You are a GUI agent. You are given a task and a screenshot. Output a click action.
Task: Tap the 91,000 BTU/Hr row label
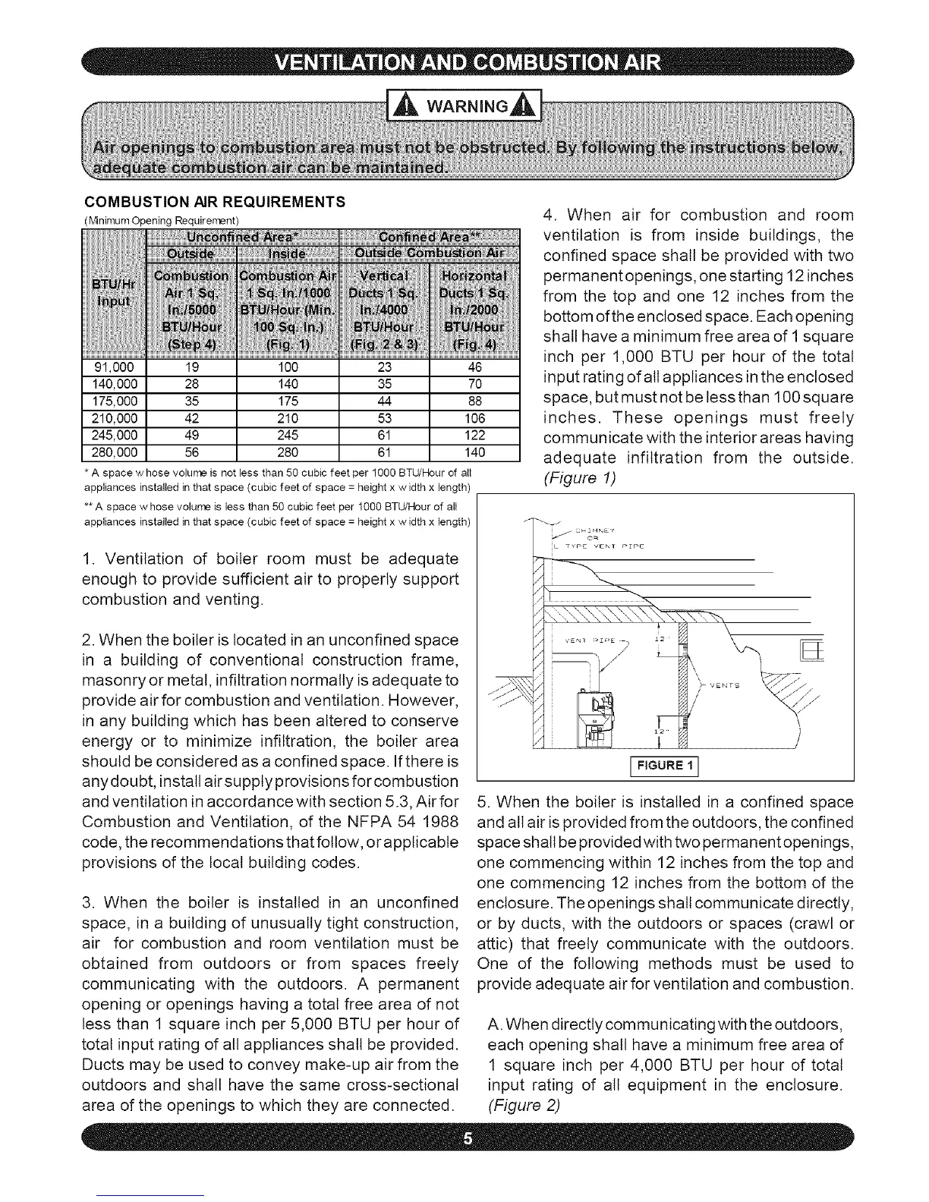pyautogui.click(x=114, y=367)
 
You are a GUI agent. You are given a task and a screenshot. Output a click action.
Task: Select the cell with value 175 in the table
pyautogui.click(x=288, y=401)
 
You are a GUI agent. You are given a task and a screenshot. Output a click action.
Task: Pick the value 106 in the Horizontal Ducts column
pyautogui.click(x=474, y=418)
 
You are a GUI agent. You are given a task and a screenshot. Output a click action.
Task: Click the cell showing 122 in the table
pyautogui.click(x=474, y=436)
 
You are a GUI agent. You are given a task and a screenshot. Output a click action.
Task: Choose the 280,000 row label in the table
pyautogui.click(x=114, y=453)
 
